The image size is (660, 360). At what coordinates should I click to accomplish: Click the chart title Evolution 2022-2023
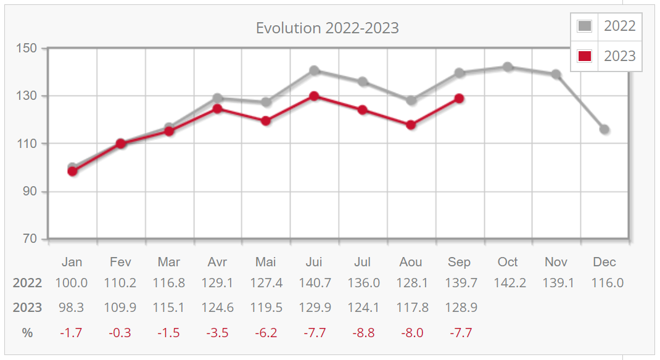328,28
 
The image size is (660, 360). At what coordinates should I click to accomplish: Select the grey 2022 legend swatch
585,26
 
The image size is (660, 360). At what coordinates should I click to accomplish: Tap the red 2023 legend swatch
585,56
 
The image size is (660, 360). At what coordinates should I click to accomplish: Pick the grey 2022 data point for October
508,67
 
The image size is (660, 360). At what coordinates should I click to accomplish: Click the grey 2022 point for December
604,129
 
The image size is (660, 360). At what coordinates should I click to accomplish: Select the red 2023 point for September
459,98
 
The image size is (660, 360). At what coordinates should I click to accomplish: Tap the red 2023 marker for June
314,96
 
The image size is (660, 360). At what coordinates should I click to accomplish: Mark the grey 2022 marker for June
314,70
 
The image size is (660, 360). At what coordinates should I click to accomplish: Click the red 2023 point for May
266,121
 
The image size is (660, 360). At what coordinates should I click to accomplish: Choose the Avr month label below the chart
217,262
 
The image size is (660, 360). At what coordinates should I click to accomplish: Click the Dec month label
604,262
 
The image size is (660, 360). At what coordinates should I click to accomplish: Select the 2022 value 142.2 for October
508,283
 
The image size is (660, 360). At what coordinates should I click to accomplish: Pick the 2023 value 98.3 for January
72,308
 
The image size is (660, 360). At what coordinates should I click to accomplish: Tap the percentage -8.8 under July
362,333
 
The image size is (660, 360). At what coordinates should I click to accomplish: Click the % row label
27,333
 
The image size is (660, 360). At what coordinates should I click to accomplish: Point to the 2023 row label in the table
27,308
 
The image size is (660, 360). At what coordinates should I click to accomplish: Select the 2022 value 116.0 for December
604,283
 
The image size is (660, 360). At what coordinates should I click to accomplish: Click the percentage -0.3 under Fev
120,333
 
